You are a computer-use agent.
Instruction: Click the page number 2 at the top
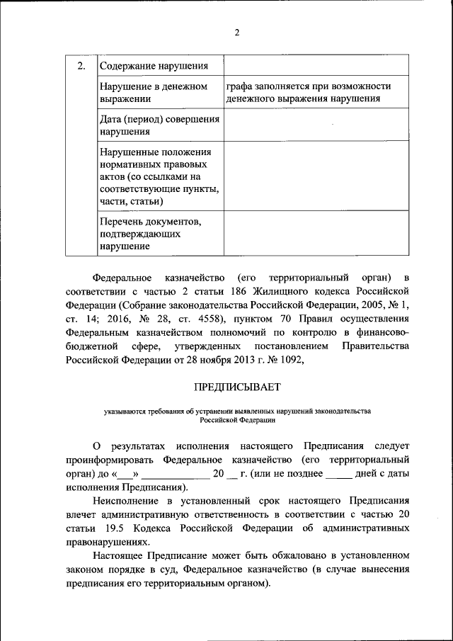[x=238, y=33]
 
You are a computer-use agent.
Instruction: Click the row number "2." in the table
[x=81, y=66]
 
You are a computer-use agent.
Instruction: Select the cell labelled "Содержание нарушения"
[x=154, y=67]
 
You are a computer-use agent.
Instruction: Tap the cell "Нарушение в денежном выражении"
[x=154, y=93]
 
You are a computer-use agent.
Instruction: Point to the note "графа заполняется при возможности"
[x=309, y=86]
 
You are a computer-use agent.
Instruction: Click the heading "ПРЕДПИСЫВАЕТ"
[x=238, y=387]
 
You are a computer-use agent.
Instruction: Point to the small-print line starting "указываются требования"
[x=238, y=411]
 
